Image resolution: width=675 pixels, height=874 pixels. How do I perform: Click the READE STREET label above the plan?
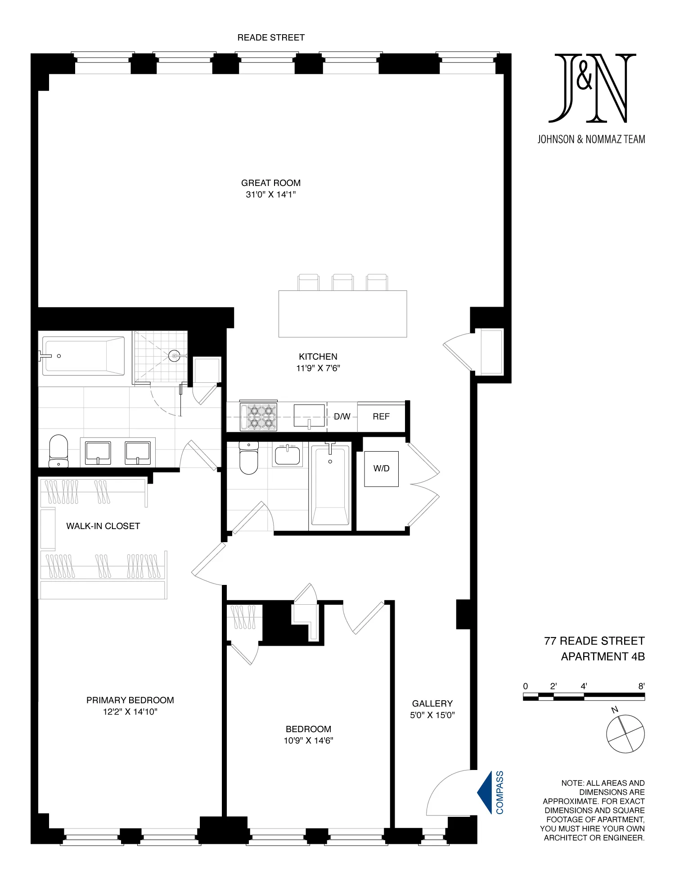point(271,38)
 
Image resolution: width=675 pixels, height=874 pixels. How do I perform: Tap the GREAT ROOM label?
point(271,183)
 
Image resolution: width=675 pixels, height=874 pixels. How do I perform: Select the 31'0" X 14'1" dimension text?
point(271,195)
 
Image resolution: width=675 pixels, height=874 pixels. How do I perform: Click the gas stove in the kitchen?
point(258,417)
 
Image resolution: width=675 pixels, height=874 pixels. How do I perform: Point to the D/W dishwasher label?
point(342,417)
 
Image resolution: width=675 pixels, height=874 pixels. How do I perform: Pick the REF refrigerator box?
point(381,417)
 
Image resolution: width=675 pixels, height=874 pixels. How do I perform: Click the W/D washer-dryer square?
point(381,469)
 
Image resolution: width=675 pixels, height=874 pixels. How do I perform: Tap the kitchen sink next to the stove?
point(309,416)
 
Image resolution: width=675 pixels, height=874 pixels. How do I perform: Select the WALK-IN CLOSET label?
point(103,526)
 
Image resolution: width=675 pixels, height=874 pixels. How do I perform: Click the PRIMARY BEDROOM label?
point(130,700)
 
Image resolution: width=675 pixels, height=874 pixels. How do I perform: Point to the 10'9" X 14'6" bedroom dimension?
point(308,741)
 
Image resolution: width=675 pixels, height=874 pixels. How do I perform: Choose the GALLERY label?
point(432,703)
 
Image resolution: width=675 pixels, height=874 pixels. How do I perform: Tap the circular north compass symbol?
point(625,734)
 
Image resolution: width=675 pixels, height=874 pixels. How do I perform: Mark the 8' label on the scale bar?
point(641,686)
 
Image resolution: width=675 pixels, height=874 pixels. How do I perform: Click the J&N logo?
point(592,88)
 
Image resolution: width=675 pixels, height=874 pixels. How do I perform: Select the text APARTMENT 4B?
point(603,657)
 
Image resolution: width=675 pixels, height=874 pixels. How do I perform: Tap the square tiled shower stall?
point(160,357)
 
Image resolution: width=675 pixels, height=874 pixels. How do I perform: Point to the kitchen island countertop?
point(342,314)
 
